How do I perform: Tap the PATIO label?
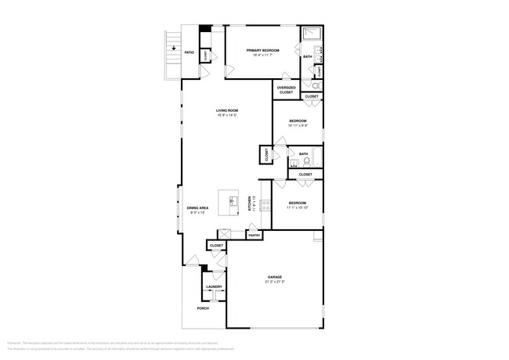(x=189, y=52)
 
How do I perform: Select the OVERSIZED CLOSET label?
(x=286, y=90)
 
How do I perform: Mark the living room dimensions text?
(x=226, y=115)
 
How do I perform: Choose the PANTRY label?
(x=254, y=235)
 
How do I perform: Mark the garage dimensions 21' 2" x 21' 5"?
(x=274, y=282)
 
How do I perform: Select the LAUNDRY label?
(x=214, y=286)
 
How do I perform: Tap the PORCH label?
(x=203, y=308)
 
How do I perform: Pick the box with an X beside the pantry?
(x=224, y=233)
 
